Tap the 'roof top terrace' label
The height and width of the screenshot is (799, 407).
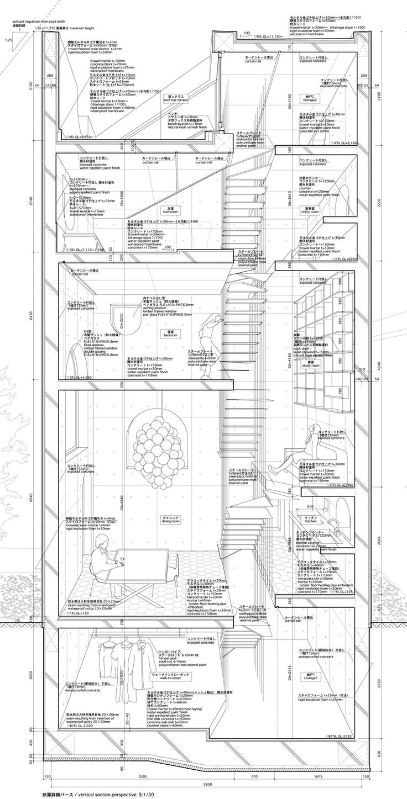coord(176,99)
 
